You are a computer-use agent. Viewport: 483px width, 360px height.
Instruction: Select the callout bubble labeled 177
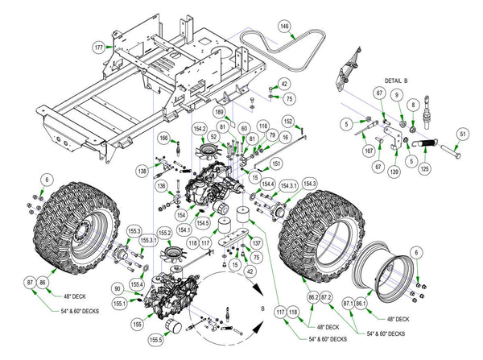pos(99,48)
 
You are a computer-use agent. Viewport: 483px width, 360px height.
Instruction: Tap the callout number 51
pos(462,134)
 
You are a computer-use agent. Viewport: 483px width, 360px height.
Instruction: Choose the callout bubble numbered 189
pos(219,113)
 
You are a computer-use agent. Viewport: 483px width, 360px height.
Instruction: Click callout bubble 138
pos(142,172)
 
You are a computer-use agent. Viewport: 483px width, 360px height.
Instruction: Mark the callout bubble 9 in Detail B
pos(396,96)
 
